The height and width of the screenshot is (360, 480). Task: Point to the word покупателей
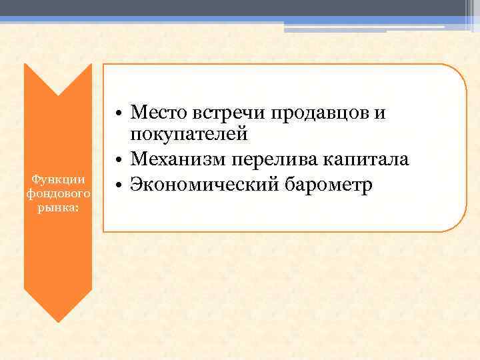click(x=189, y=134)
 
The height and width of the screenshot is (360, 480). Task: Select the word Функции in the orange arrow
click(x=58, y=179)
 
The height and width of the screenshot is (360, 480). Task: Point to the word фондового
click(x=58, y=193)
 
